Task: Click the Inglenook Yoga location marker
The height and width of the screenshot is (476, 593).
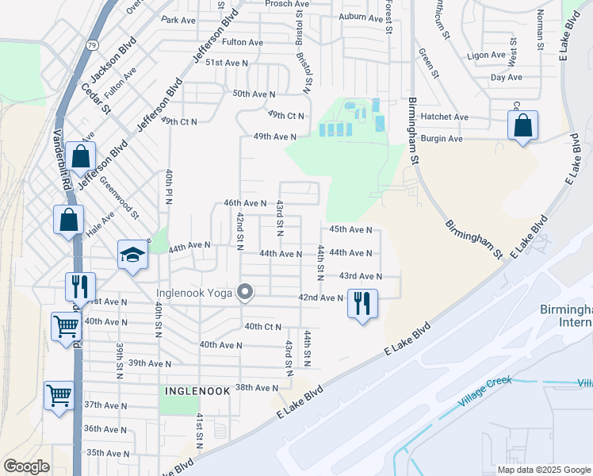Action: [246, 293]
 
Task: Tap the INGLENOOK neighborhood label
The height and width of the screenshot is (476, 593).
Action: [197, 391]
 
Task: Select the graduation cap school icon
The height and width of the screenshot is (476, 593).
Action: [133, 255]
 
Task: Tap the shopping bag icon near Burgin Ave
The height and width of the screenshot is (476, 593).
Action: [523, 126]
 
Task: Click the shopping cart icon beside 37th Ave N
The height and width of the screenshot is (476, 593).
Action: [59, 395]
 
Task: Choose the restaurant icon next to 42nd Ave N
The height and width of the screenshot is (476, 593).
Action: [362, 303]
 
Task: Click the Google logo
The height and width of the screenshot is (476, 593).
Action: [26, 466]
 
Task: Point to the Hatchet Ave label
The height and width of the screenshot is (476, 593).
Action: [445, 117]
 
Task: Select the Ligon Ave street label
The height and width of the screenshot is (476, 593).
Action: [487, 56]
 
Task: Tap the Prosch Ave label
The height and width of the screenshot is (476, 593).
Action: [287, 4]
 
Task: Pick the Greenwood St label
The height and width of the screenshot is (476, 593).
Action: [119, 198]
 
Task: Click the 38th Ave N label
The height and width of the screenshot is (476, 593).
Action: [257, 388]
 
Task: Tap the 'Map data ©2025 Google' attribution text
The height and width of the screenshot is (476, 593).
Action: [544, 470]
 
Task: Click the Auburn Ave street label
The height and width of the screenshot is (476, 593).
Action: [360, 17]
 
